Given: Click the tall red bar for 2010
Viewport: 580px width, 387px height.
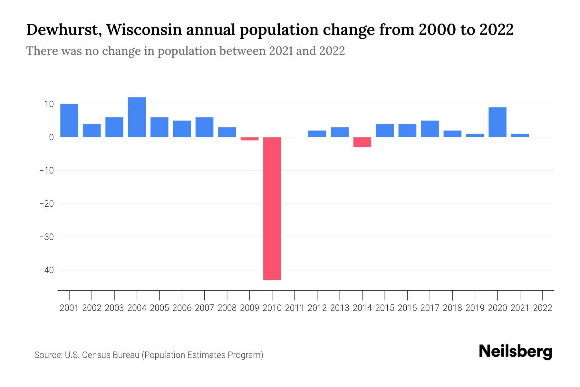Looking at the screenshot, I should point(272,208).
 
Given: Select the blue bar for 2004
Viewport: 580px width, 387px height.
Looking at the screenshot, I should point(137,117).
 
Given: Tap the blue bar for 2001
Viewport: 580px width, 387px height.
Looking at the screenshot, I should point(69,120).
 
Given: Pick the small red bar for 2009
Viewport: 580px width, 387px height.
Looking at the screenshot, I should point(249,139).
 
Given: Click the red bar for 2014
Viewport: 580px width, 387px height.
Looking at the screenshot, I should point(362,142).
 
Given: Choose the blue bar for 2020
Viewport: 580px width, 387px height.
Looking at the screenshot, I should point(497,122).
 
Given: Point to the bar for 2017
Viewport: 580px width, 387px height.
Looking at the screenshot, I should point(430,129).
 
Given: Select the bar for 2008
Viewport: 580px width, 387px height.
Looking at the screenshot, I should point(227,132).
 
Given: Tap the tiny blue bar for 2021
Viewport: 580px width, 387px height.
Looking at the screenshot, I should point(520,135).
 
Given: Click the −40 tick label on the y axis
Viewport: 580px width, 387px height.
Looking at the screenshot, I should point(46,270).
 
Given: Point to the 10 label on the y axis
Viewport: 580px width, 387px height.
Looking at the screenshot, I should point(49,104).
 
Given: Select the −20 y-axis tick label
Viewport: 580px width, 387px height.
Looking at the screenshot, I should point(46,203).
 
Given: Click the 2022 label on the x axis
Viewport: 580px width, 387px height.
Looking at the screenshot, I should point(542,308).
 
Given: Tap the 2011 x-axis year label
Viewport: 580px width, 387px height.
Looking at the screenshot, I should point(295,308).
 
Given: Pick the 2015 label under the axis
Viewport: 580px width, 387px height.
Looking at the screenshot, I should point(385,308).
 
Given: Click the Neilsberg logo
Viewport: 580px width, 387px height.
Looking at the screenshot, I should point(515,352).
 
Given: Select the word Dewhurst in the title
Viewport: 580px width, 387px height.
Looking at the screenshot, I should point(63,30).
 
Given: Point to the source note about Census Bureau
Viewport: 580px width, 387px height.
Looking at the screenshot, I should point(149,355).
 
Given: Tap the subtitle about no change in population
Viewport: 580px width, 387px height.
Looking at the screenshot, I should point(185,51).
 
